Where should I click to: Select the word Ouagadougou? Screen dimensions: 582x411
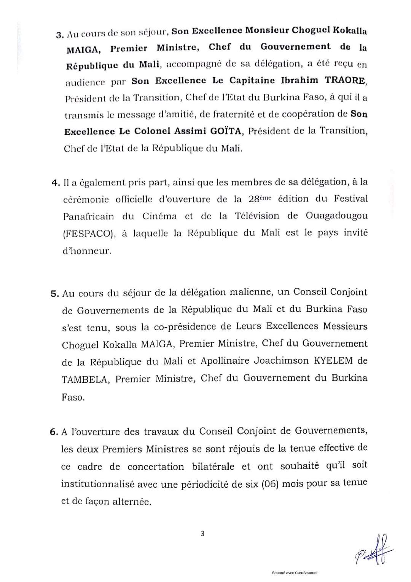[337, 216]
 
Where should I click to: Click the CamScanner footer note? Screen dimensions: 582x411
[295, 573]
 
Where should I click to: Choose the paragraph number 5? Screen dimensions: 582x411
[54, 294]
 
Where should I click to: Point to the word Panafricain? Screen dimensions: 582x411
[88, 216]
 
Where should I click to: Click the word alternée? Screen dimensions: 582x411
[131, 502]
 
